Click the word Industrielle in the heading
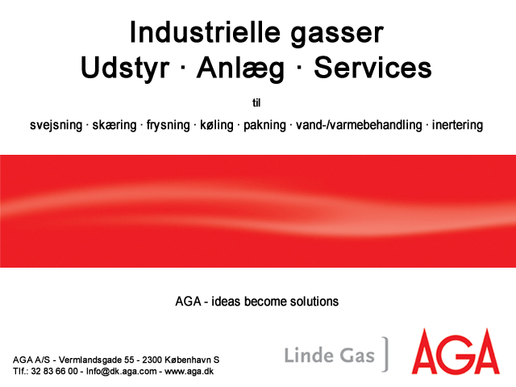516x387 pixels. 205,32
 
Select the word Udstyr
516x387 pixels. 125,68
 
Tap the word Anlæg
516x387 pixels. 240,68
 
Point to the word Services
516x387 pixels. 372,67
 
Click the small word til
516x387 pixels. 256,103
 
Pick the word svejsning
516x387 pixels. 56,125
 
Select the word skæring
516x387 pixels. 114,125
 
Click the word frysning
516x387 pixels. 169,125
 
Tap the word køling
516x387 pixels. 217,125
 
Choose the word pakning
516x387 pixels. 264,125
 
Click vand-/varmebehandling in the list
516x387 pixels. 359,125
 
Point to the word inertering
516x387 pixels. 457,125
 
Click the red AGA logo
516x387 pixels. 456,352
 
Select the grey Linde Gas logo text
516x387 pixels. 330,356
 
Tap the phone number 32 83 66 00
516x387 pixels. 54,372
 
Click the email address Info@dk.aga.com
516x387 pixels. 121,372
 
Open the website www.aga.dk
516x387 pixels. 189,372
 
